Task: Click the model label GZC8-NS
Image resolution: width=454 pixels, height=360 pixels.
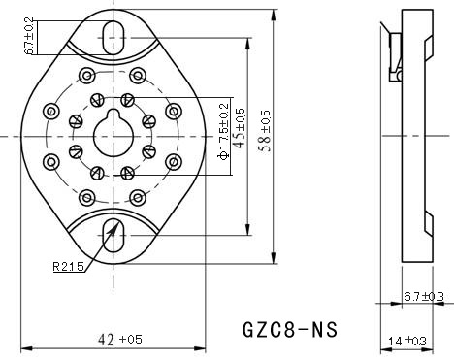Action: pyautogui.click(x=289, y=330)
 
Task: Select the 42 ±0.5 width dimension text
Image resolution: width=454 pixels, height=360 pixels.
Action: pyautogui.click(x=120, y=339)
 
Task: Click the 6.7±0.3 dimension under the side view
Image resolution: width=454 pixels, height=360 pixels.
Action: pyautogui.click(x=422, y=296)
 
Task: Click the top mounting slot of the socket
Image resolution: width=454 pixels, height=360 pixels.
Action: pyautogui.click(x=114, y=36)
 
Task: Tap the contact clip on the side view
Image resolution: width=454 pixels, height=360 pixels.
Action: pyautogui.click(x=394, y=53)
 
